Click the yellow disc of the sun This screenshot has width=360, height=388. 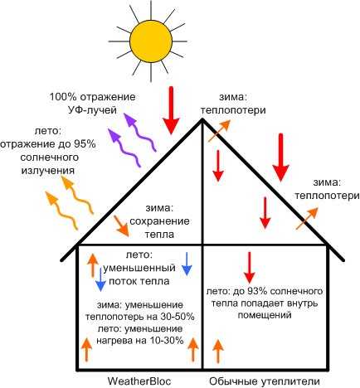coord(151,41)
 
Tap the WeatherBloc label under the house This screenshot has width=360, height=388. coord(139,381)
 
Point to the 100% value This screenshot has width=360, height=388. coord(63,97)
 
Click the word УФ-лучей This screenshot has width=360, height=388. coord(92,110)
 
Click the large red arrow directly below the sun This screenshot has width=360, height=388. coord(171,110)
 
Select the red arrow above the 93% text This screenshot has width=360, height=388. coord(250,267)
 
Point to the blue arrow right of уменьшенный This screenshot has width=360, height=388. coord(187,264)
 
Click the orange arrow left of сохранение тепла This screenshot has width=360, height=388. coord(121,226)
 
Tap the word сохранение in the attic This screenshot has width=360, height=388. coord(159,221)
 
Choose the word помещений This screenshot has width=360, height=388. coord(265,315)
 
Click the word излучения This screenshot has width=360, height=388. coord(48,171)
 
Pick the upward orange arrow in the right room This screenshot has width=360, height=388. coord(218,351)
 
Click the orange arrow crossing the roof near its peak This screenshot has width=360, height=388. coord(219,131)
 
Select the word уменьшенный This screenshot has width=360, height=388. coord(139,268)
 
